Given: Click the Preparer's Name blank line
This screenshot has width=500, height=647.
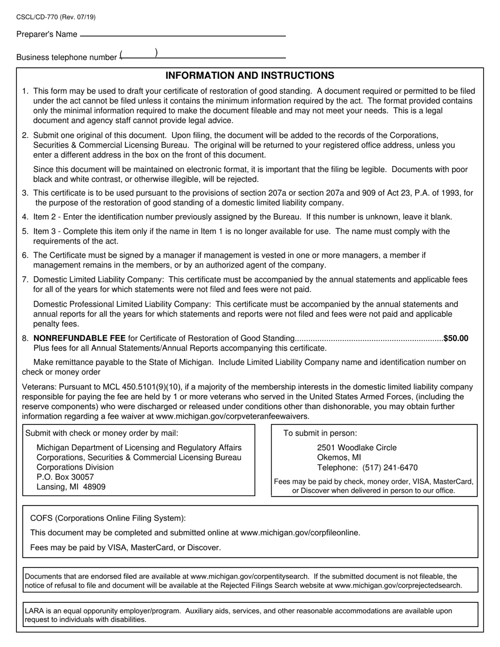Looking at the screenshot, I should click(182, 35).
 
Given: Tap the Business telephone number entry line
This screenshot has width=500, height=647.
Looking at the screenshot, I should click(203, 57).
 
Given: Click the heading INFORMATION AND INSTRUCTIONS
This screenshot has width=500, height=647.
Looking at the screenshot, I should click(249, 76).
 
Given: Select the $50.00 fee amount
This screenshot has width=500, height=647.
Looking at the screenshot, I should click(456, 338).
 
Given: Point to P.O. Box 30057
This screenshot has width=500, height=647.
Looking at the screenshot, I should click(65, 477).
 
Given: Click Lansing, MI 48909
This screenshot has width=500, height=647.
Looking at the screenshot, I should click(71, 487).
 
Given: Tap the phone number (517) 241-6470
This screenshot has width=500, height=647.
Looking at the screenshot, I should click(390, 468).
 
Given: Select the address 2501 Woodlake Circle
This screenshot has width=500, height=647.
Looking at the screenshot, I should click(357, 448).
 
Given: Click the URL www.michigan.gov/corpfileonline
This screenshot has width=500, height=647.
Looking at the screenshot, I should click(299, 533).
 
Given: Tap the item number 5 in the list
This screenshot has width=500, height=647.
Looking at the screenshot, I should click(25, 231).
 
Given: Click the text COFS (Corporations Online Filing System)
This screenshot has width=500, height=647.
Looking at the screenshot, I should click(107, 518).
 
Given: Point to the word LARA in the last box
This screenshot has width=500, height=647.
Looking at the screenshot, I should click(34, 611).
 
